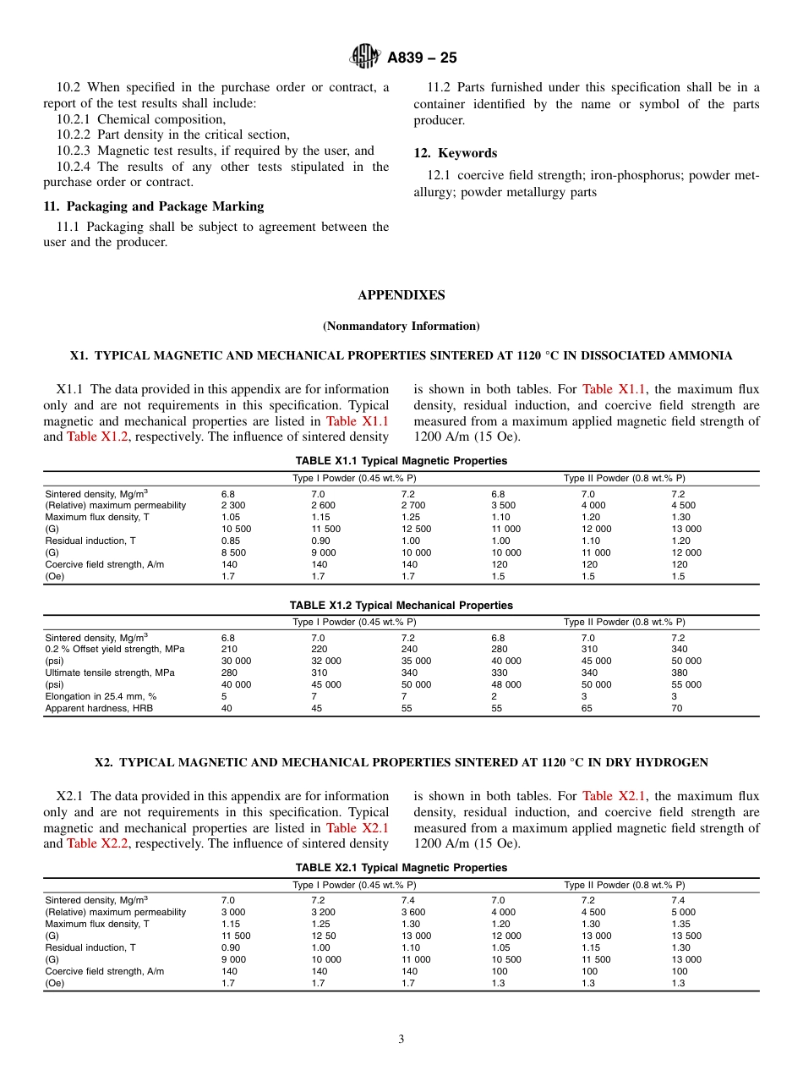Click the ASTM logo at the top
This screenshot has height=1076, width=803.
point(365,57)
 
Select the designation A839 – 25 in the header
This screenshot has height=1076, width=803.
point(422,58)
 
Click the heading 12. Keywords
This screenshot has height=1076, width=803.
point(455,153)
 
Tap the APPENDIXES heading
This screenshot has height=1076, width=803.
point(401,295)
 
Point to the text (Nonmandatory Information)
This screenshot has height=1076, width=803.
point(401,326)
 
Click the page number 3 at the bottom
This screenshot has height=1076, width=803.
point(401,1040)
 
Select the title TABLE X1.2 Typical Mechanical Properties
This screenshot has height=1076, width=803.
point(401,606)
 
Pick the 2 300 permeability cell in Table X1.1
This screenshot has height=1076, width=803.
point(233,505)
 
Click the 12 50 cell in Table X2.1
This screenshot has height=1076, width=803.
point(324,936)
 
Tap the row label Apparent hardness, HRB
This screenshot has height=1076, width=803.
point(99,709)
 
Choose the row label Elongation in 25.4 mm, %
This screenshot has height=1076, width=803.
point(101,697)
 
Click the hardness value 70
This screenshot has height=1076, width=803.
point(677,709)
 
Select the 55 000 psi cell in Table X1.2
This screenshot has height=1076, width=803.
point(686,685)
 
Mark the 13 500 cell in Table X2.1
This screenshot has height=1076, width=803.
point(686,936)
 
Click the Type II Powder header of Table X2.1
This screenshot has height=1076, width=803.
point(624,885)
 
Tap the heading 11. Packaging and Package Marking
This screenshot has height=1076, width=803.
point(153,206)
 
